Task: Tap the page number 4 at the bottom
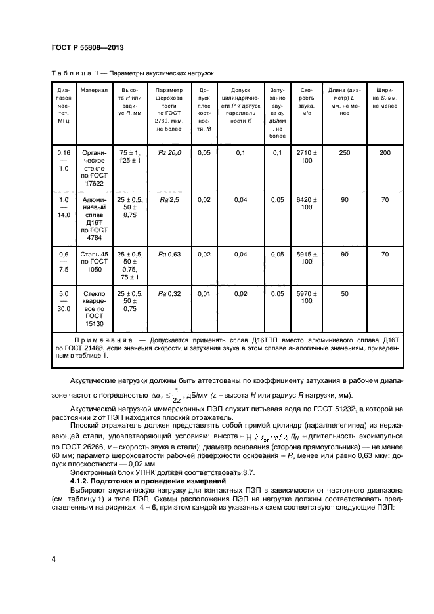pos(53,558)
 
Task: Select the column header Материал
pos(93,90)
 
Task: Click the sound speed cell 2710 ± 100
pos(306,157)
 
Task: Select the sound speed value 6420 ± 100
pos(306,203)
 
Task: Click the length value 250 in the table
pos(345,153)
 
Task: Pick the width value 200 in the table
pos(385,153)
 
